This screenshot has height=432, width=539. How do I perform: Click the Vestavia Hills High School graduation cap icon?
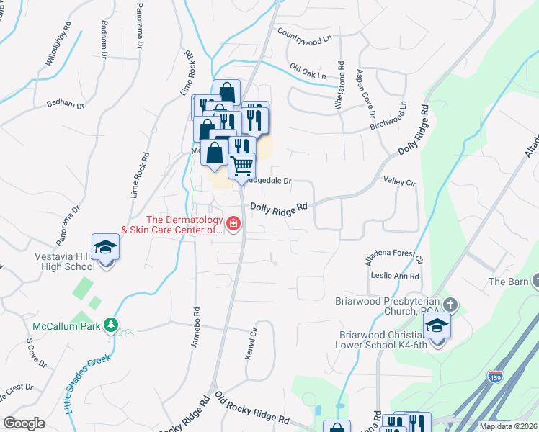point(106,247)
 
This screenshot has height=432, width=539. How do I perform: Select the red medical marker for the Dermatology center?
point(233,225)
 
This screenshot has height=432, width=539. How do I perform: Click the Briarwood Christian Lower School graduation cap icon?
point(437,325)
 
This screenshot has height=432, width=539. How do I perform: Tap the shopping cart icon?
point(242,166)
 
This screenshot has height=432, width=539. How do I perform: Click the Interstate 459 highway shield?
point(495,376)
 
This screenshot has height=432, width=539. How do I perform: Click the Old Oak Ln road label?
point(308,71)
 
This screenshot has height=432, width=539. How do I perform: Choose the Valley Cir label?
point(401,183)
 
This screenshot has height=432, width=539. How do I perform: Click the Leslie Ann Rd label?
point(395,276)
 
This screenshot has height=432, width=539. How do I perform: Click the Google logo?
point(24,423)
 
